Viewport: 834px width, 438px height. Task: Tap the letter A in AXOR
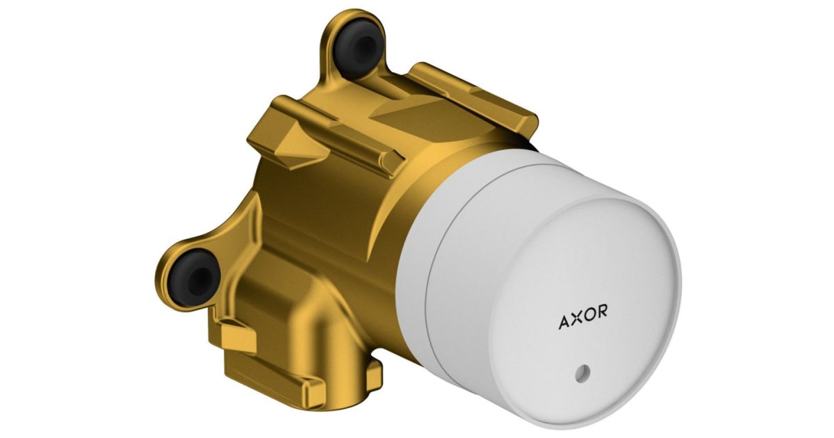564,323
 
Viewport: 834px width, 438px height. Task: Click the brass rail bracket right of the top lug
473,94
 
